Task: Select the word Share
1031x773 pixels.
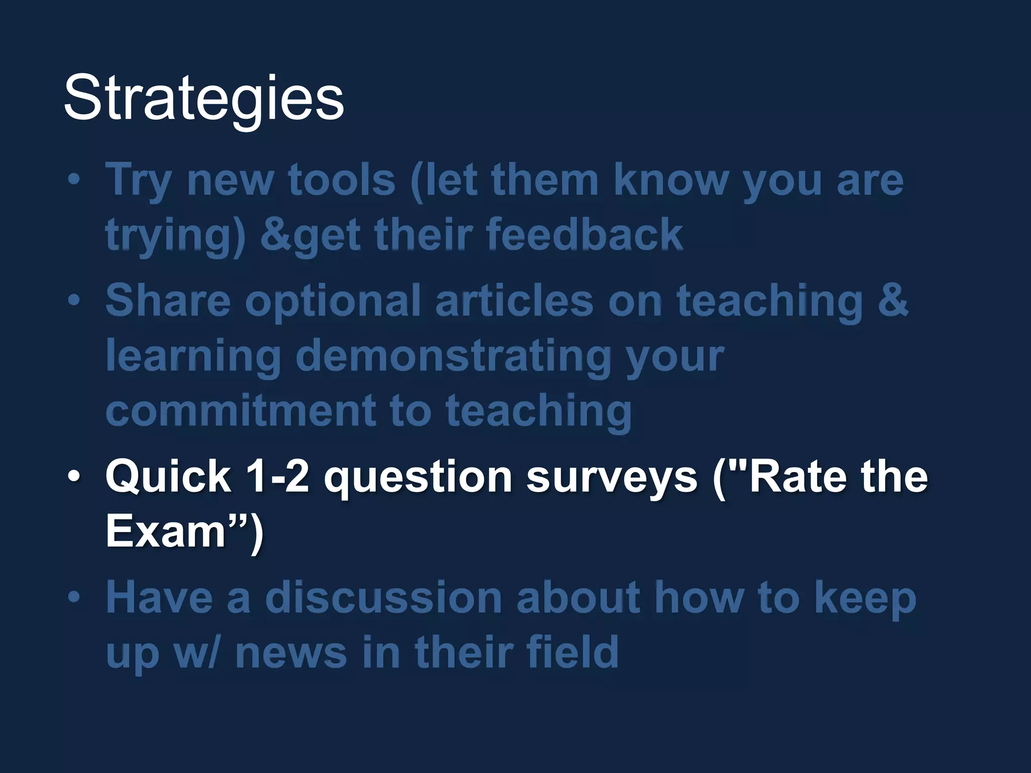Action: pos(168,300)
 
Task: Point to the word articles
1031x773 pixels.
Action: pos(514,300)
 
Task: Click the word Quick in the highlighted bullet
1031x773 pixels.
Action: pos(168,477)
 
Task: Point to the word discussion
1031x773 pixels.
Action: pos(384,598)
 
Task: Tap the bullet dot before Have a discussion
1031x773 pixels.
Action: pos(74,597)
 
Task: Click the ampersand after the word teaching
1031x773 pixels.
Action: pos(893,300)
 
